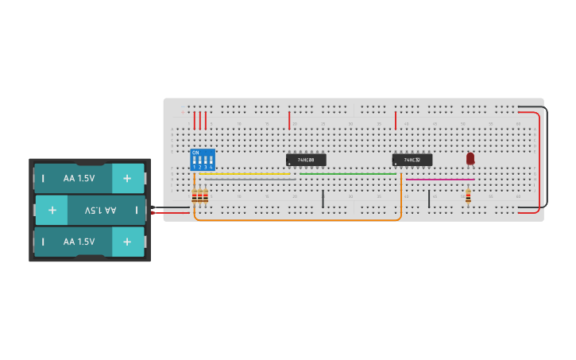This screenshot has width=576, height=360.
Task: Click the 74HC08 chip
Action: (306, 160)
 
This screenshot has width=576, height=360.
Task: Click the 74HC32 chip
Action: (412, 160)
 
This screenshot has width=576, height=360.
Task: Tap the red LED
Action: (470, 158)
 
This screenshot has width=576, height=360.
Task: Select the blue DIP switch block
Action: (203, 160)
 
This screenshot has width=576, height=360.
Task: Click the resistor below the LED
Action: (468, 195)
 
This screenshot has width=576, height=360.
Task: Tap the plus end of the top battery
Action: (127, 179)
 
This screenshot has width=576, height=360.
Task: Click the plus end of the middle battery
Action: (52, 211)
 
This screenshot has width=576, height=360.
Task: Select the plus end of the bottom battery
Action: (127, 242)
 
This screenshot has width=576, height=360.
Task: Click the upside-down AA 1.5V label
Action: (99, 211)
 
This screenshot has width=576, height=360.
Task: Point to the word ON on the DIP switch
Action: (195, 153)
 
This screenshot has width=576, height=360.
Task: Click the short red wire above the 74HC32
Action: (396, 120)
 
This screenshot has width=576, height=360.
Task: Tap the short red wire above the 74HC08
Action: (289, 120)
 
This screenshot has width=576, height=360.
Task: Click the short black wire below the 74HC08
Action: (323, 199)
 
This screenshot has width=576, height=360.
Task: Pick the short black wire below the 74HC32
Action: (429, 199)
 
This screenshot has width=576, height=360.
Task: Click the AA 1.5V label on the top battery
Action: (79, 179)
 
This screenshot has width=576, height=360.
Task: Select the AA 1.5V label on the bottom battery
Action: (79, 242)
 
